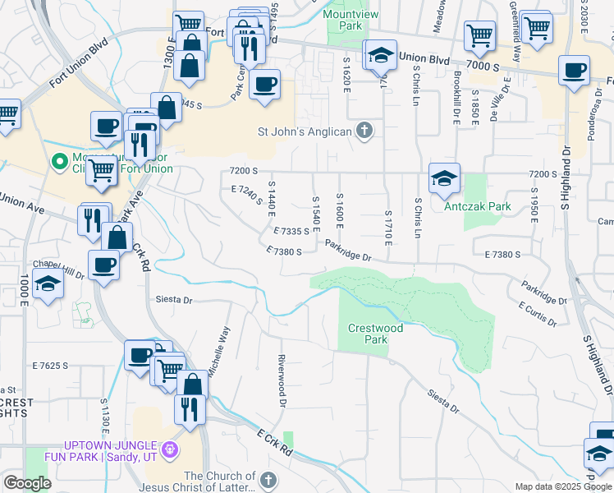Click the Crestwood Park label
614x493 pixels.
tap(375, 334)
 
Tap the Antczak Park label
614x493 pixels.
tap(477, 206)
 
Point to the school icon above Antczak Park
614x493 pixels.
tap(444, 177)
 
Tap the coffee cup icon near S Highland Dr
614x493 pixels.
tap(574, 70)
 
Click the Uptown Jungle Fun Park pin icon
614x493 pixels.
tap(170, 449)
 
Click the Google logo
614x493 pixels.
tap(27, 483)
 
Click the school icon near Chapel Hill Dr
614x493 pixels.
tap(48, 285)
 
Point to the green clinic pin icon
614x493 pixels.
tap(58, 162)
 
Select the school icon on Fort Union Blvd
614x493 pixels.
tap(380, 54)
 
